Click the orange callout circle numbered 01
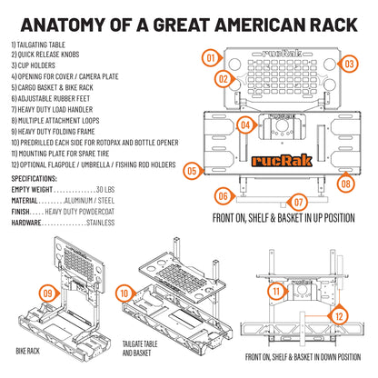pos(209,58)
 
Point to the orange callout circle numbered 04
pos(244,124)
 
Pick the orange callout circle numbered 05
pos(191,170)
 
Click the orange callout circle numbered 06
pos(224,194)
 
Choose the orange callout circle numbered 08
pos(344,183)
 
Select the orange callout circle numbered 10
pos(124,293)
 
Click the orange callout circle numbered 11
pos(274,292)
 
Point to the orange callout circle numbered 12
pos(339,315)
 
